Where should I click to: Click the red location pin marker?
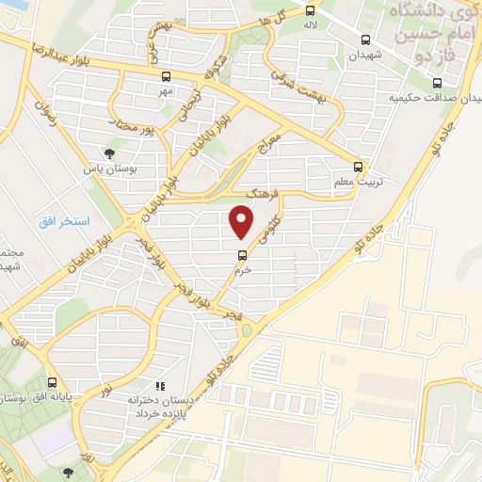click(242, 223)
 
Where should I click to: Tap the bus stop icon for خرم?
click(242, 253)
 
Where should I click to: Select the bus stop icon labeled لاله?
click(309, 10)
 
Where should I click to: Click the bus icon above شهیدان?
click(365, 40)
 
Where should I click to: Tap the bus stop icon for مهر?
click(166, 77)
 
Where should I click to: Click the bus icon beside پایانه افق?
click(53, 384)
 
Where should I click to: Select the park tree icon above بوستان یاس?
click(112, 152)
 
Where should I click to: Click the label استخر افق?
click(65, 221)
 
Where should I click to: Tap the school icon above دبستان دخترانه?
click(161, 385)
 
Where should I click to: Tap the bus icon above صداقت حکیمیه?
click(435, 81)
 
